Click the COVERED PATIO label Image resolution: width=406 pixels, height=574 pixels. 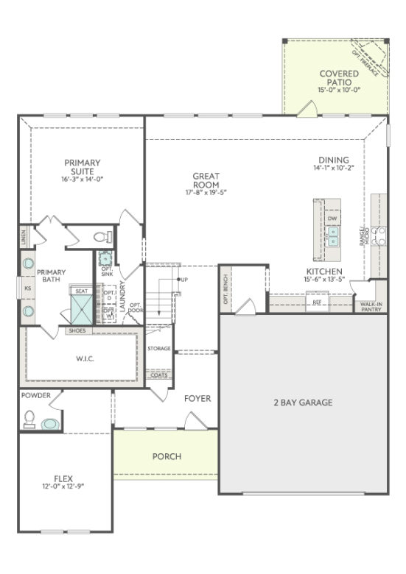pos(339,74)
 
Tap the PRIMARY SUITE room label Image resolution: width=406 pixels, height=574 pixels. pos(82,163)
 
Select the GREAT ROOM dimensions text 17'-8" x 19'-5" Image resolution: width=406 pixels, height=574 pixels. pos(206,193)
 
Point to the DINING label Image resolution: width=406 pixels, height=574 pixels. pos(334,160)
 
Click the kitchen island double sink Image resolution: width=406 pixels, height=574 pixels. pos(333,235)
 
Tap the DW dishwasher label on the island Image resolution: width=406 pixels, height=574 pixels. pos(332,219)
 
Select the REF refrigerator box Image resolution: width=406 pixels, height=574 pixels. pos(317,302)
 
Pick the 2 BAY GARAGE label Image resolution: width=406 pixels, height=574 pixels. pos(304,403)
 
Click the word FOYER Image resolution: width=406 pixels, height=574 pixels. pos(197,399)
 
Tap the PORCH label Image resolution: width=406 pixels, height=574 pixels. pos(167,456)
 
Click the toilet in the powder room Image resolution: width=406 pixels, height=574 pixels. pos(30,419)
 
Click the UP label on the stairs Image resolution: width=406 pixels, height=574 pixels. pos(183,280)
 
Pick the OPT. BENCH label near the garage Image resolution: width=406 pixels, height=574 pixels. pos(225,288)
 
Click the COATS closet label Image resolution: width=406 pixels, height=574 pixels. pos(158,375)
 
